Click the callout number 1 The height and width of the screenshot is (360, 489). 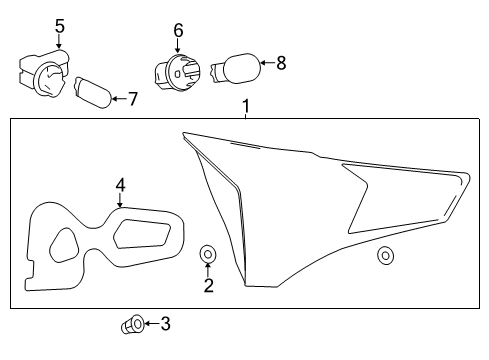tap(244, 105)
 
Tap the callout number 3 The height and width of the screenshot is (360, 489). tap(165, 323)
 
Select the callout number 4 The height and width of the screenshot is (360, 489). tap(120, 184)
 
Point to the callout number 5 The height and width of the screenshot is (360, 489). tap(59, 26)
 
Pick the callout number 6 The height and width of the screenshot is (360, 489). tap(178, 31)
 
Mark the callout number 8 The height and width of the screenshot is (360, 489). tap(281, 63)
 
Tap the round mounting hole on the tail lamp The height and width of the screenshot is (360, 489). tap(385, 256)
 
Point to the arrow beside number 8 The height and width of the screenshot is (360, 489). tap(265, 64)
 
